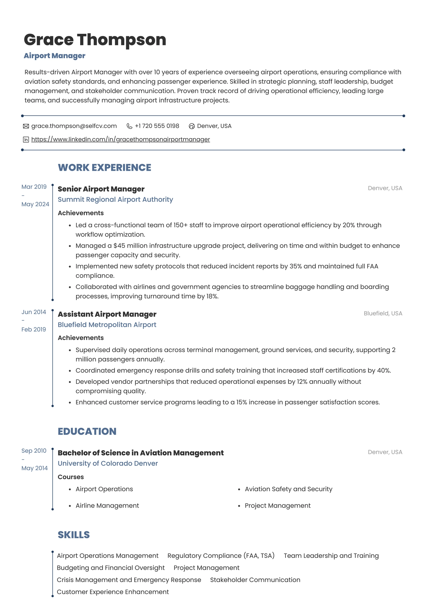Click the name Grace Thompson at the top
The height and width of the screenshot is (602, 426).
pos(95,40)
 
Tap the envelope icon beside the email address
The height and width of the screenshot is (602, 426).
pos(26,126)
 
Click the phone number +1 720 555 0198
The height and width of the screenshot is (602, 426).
pos(157,126)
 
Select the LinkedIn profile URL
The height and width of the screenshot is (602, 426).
pos(121,139)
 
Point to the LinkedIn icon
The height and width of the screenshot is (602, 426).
pos(26,140)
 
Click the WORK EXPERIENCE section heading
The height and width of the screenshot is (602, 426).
pos(104,167)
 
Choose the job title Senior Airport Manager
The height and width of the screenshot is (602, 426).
pos(101,189)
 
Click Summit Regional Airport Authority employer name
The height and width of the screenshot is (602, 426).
pos(115,200)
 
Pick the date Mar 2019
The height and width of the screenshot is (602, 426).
pos(34,187)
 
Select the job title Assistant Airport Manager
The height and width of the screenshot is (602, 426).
pos(107,314)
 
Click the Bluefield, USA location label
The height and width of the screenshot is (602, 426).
pos(383,313)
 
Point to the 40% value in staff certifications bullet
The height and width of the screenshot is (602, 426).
pos(383,370)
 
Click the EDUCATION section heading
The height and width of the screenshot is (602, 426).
pos(87,431)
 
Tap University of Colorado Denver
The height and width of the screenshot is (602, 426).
pos(108,463)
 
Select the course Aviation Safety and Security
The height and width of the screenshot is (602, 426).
pos(288,489)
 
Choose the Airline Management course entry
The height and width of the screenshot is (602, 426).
pos(107,505)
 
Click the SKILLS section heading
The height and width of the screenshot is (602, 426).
pos(74,535)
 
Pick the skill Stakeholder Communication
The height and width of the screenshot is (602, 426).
pos(255,580)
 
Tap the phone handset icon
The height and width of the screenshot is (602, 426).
pos(129,126)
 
